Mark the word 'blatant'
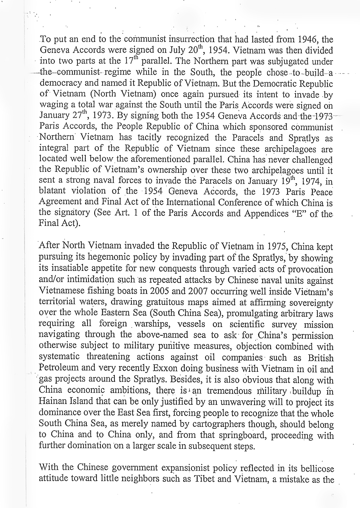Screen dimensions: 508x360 tap(53, 191)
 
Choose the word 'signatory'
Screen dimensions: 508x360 tap(72, 213)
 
